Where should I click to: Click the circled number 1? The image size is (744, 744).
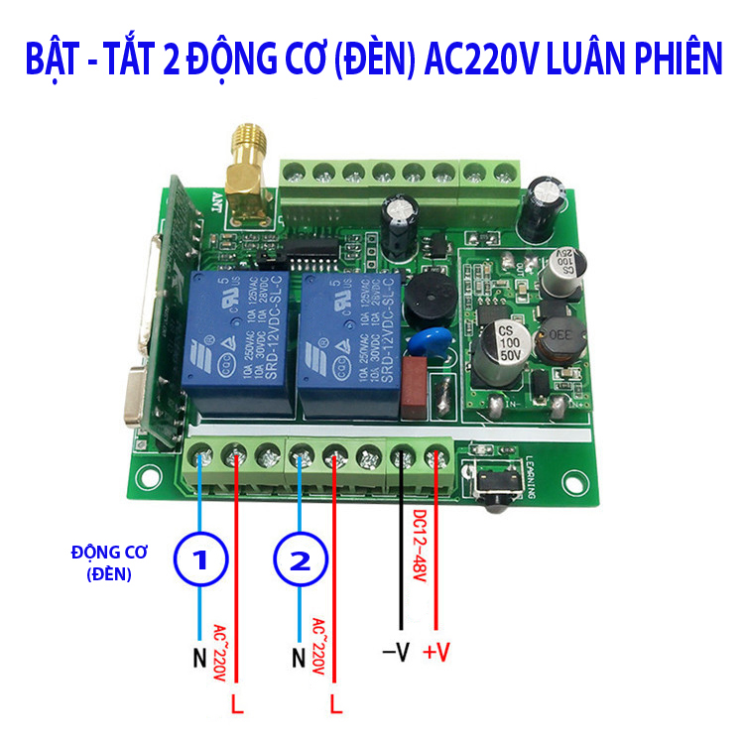point(201,561)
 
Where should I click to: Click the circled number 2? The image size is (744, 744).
point(299,561)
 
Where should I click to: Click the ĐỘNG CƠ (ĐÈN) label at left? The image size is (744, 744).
point(103,560)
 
